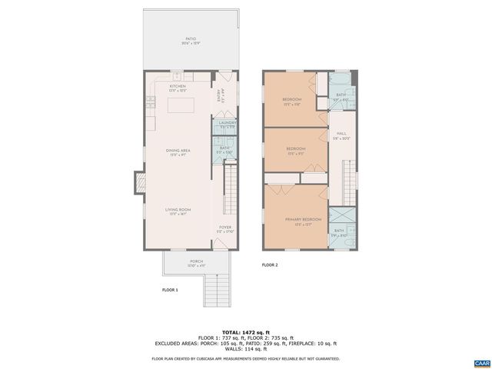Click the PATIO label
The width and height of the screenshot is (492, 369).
pyautogui.click(x=190, y=38)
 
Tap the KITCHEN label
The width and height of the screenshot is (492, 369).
pyautogui.click(x=178, y=86)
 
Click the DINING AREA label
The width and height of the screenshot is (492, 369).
pyautogui.click(x=178, y=151)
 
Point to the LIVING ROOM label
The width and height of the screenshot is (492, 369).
pyautogui.click(x=178, y=209)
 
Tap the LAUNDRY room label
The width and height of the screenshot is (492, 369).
pyautogui.click(x=227, y=123)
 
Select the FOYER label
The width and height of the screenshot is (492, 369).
pyautogui.click(x=225, y=228)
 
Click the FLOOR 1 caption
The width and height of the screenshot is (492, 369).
pyautogui.click(x=170, y=290)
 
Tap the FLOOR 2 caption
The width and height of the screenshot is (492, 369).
pyautogui.click(x=270, y=264)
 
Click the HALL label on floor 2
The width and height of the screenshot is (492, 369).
pyautogui.click(x=341, y=133)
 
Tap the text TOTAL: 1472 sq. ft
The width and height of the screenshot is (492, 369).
pyautogui.click(x=245, y=331)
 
